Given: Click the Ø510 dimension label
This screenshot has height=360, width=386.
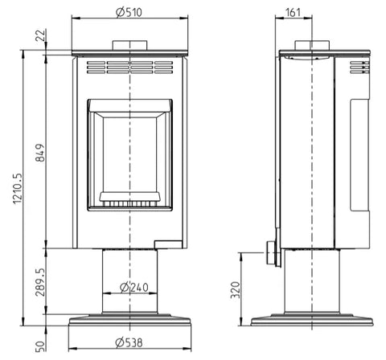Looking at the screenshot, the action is point(129,12).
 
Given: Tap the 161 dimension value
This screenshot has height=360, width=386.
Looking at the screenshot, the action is point(294,12).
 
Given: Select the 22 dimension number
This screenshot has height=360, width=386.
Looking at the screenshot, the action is point(41,35).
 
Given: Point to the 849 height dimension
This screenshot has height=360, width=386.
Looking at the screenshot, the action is point(41,153).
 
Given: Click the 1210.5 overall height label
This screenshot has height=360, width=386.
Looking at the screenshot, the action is point(18,188).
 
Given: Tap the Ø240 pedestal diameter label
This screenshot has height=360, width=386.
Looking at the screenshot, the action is point(134,287).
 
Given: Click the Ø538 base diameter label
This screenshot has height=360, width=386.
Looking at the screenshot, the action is point(129,342).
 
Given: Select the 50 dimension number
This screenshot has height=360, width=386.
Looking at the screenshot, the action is point(41,346).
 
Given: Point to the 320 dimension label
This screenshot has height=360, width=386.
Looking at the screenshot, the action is point(236,290).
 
